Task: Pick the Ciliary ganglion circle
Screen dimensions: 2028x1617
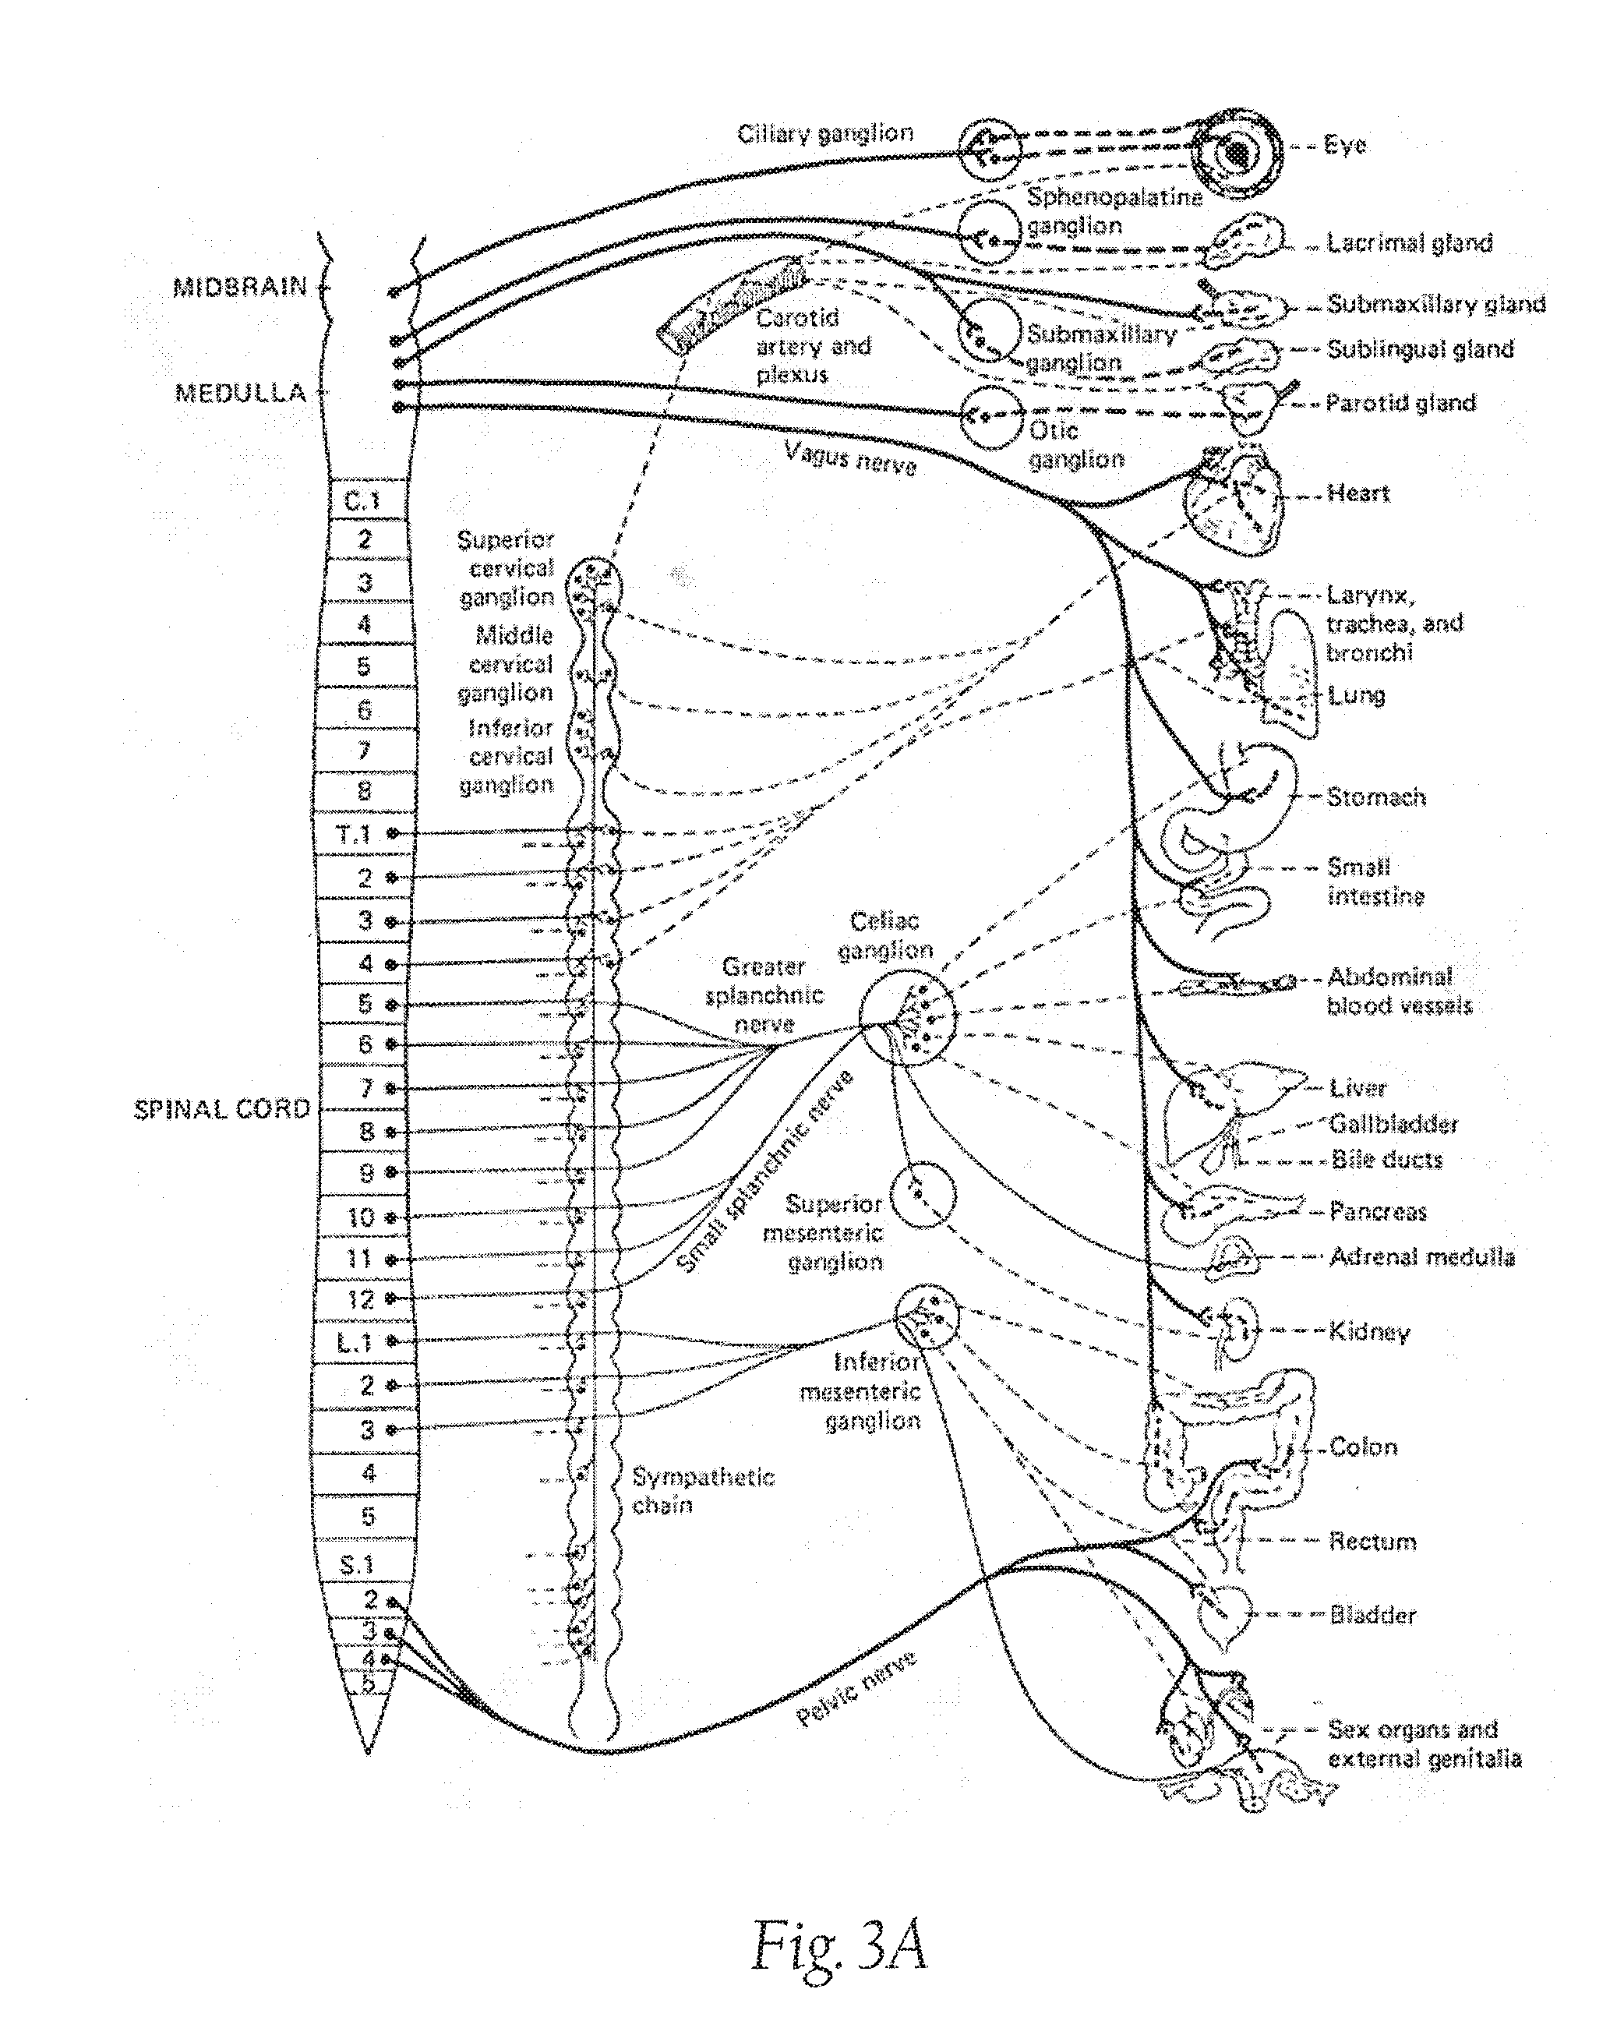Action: point(990,150)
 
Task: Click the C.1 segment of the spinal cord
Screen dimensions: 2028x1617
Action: point(363,500)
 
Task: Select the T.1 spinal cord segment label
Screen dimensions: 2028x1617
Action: point(355,833)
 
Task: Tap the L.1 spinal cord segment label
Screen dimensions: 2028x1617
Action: point(355,1341)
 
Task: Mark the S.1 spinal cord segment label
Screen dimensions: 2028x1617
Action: point(358,1565)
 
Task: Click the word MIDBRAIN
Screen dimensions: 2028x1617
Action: point(240,287)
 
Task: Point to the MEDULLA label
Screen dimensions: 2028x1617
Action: point(241,392)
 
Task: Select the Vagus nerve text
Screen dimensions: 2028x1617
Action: point(850,459)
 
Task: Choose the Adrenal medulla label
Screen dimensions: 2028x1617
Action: point(1421,1256)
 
